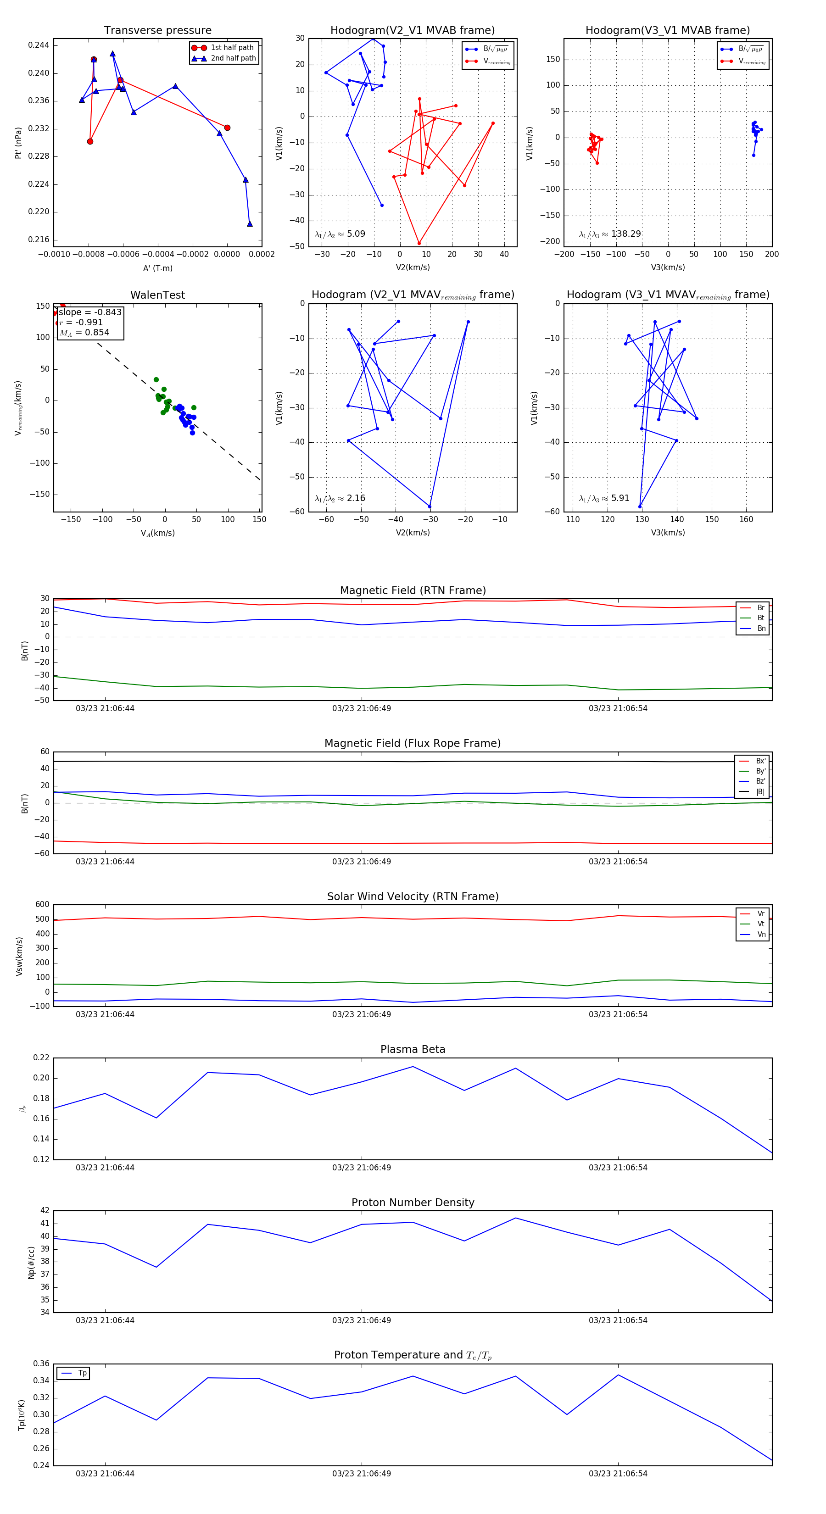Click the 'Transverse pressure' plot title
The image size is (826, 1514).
[x=157, y=31]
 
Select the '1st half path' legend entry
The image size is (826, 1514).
[x=232, y=48]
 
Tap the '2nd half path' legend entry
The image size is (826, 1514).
[x=233, y=58]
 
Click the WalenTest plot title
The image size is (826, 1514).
[x=157, y=295]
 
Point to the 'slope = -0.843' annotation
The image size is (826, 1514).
[x=90, y=312]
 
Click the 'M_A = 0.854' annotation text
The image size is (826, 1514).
[x=84, y=333]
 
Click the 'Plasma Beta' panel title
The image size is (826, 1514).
[x=413, y=1049]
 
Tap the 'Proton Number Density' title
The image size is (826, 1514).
[x=413, y=1202]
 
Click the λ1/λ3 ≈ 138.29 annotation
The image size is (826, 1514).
[x=610, y=234]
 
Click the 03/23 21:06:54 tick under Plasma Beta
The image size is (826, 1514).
[x=618, y=1167]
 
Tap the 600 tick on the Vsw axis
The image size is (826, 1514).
[x=42, y=905]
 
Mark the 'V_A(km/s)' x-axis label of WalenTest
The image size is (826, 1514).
[x=157, y=533]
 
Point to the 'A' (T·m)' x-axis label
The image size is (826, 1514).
[x=157, y=268]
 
